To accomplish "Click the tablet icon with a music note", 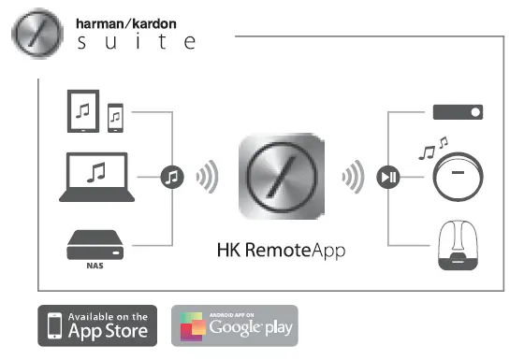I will (83, 110).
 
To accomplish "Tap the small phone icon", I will (115, 117).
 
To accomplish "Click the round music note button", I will (171, 177).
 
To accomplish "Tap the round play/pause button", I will (388, 177).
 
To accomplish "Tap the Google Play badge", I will (234, 326).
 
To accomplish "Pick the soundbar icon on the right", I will (458, 112).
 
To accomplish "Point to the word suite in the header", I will (133, 43).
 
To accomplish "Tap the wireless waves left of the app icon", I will (208, 177).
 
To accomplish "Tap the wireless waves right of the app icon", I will (353, 177).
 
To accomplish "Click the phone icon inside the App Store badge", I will (57, 326).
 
